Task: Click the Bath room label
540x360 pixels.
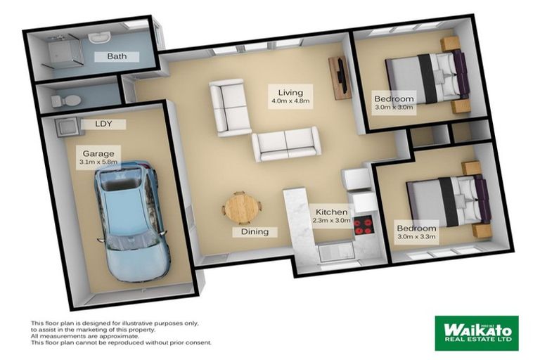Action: (117, 56)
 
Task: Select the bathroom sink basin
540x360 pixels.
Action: (99, 37)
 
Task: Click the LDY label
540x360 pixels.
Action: (103, 124)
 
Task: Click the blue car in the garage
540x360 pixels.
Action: (132, 222)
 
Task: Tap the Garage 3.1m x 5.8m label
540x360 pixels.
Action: (98, 157)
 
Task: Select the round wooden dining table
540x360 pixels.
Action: (242, 209)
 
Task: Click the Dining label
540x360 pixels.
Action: (255, 232)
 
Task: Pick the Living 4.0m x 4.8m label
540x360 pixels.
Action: (290, 96)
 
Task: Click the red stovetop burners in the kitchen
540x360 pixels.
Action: (363, 226)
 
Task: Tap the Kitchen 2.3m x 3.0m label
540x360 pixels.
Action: (331, 216)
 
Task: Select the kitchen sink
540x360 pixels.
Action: (336, 252)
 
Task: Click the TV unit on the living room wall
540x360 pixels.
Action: (340, 78)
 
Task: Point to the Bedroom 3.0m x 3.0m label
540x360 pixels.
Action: (394, 103)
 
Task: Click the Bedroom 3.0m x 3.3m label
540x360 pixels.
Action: (417, 232)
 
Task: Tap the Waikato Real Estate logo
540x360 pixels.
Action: (477, 333)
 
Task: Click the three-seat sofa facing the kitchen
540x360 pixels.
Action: (287, 144)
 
